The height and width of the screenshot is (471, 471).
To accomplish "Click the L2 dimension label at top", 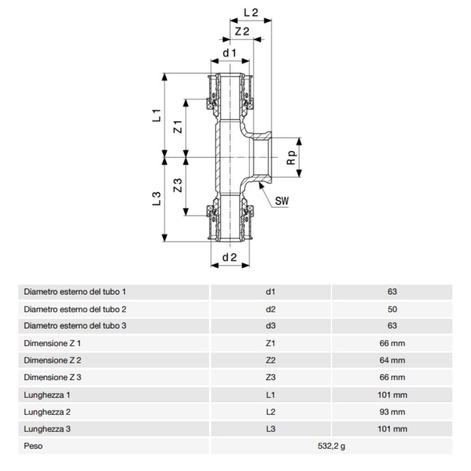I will [x=252, y=12].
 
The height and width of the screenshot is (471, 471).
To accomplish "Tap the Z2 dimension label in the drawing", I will [x=242, y=32].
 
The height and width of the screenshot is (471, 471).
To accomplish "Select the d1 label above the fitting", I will [x=230, y=53].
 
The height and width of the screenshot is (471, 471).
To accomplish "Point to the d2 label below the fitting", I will [x=230, y=257].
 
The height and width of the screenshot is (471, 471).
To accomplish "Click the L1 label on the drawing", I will [x=157, y=115].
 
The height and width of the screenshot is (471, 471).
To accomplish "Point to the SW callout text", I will [x=283, y=201].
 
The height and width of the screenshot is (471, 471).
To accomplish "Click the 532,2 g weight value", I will [x=331, y=446].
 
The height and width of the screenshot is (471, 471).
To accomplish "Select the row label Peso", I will [x=33, y=446].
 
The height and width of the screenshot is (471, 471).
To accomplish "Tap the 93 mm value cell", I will [x=392, y=412].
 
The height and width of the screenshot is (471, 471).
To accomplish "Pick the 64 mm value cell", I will [x=392, y=360].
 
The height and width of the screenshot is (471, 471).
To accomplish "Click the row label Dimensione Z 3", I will [x=53, y=377].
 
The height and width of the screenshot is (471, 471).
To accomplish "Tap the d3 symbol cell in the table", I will [x=270, y=326].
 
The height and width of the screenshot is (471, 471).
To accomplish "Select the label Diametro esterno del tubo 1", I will [x=75, y=291].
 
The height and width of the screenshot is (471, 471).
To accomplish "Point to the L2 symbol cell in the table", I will [x=270, y=412].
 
